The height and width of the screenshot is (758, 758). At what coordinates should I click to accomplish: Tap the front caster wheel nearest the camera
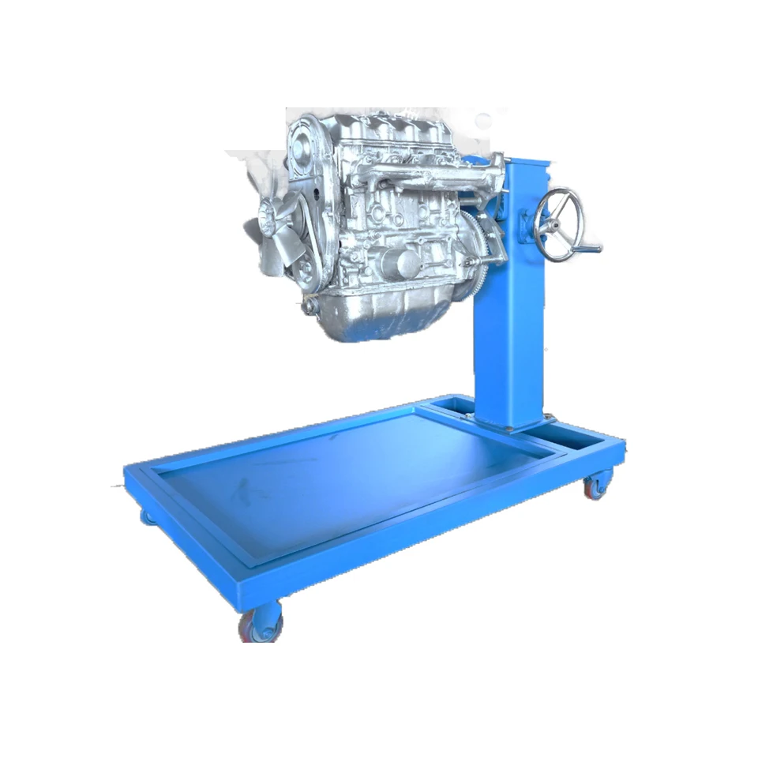(261, 621)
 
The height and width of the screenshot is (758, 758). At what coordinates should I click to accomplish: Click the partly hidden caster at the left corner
(148, 517)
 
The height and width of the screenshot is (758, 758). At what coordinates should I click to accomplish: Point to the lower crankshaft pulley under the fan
(304, 272)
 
